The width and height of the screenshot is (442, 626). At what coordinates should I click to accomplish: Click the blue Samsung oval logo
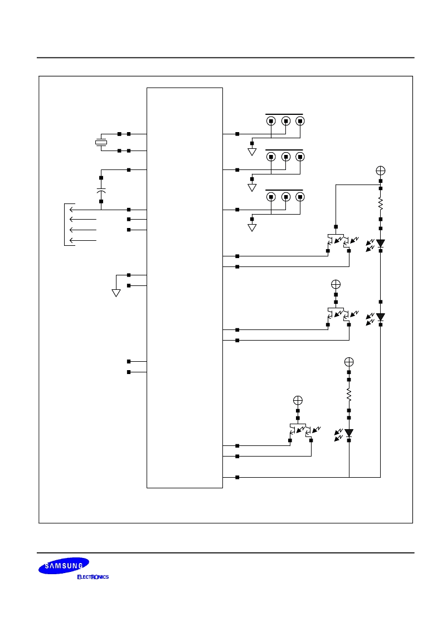[64, 566]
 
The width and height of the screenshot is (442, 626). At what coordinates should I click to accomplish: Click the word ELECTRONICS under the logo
[93, 577]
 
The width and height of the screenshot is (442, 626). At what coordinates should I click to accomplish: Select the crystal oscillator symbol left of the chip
[101, 142]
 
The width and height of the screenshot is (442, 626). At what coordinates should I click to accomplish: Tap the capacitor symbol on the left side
[101, 190]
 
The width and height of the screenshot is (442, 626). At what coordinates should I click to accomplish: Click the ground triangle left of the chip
[116, 293]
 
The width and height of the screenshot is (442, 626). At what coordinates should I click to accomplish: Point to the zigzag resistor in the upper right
[381, 204]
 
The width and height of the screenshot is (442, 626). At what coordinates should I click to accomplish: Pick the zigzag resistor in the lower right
[349, 395]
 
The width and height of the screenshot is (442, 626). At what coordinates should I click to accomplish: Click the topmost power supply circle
[381, 171]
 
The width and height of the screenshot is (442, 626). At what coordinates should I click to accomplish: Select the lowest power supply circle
[298, 400]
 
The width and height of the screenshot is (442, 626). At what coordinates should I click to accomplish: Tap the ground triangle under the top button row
[252, 152]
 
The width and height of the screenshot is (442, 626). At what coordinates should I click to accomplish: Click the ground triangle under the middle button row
[252, 188]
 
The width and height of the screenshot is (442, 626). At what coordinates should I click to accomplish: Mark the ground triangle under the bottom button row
[252, 227]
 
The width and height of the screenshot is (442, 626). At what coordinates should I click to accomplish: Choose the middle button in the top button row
[286, 121]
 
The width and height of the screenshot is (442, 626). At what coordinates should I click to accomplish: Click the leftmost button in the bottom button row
[271, 197]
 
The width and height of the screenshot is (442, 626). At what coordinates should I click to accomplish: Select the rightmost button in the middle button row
[300, 157]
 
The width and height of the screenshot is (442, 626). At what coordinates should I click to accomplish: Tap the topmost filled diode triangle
[381, 243]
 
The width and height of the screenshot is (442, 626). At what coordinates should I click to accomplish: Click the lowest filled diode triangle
[349, 433]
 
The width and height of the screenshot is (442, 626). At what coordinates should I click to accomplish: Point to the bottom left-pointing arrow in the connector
[83, 240]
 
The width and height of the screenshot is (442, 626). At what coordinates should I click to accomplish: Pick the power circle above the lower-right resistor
[349, 362]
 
